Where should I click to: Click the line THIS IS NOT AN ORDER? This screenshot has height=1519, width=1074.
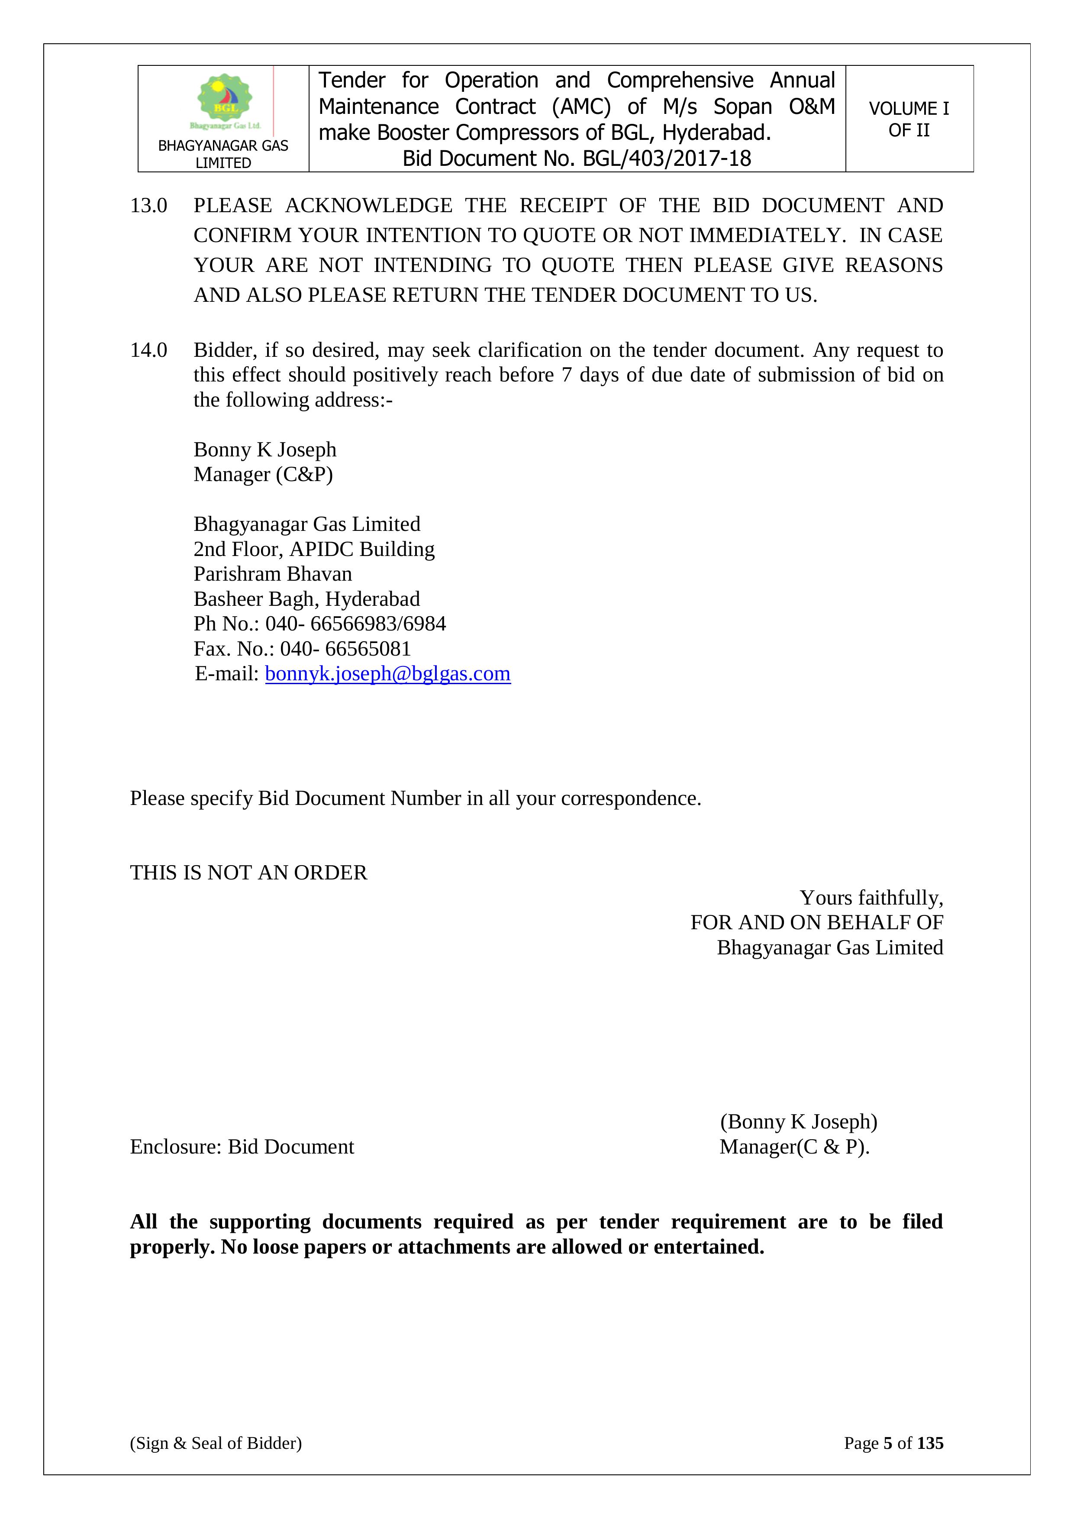248,873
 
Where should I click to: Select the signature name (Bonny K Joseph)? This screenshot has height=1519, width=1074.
798,1121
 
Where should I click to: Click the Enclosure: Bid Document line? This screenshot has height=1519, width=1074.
242,1147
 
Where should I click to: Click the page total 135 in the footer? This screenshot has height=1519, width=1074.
930,1443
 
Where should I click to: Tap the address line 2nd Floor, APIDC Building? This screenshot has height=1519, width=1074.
314,549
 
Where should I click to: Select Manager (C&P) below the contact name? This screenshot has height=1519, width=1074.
263,474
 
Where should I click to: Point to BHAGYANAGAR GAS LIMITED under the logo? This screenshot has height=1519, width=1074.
223,153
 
